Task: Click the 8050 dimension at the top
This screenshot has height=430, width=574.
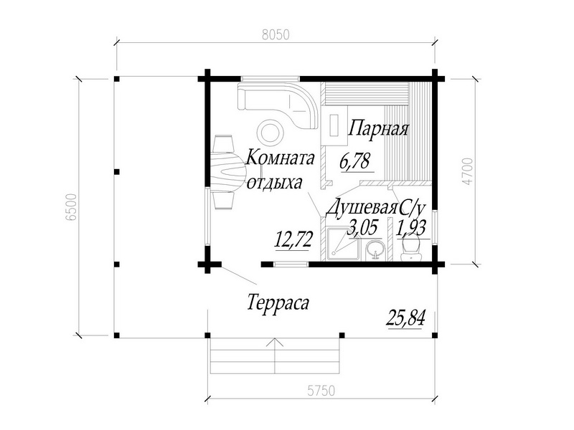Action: pyautogui.click(x=276, y=34)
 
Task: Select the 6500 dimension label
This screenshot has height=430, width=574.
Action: pyautogui.click(x=72, y=207)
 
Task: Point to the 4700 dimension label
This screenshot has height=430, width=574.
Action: pyautogui.click(x=468, y=171)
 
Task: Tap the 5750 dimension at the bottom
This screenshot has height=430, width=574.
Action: pyautogui.click(x=321, y=391)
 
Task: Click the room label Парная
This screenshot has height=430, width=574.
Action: pyautogui.click(x=378, y=128)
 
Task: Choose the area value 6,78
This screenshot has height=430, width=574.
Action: pyautogui.click(x=355, y=161)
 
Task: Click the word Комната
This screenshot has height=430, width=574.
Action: pyautogui.click(x=280, y=158)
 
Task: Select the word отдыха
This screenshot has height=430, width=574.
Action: pyautogui.click(x=275, y=183)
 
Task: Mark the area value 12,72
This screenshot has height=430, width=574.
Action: pyautogui.click(x=293, y=241)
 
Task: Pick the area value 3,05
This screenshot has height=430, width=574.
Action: pyautogui.click(x=363, y=228)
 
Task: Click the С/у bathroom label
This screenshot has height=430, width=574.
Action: pyautogui.click(x=412, y=209)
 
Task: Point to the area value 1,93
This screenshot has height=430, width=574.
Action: pyautogui.click(x=411, y=229)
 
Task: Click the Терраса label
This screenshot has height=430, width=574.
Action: pyautogui.click(x=278, y=302)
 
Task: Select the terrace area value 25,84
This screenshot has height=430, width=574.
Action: pyautogui.click(x=406, y=317)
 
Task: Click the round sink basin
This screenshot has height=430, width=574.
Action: pyautogui.click(x=375, y=249)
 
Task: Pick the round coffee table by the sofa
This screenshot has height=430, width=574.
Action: pyautogui.click(x=270, y=133)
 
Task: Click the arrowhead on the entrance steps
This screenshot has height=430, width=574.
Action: pyautogui.click(x=275, y=343)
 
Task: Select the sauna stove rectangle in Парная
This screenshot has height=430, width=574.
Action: pyautogui.click(x=334, y=125)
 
